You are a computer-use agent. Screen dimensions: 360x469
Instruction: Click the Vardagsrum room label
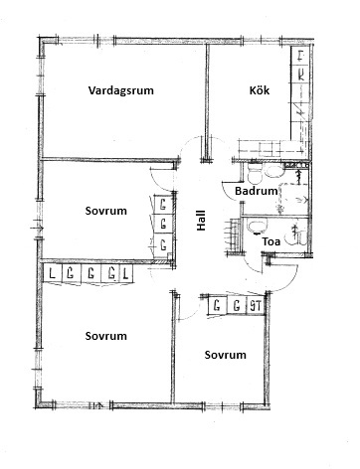coord(121,90)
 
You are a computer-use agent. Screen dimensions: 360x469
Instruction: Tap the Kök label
coord(260,90)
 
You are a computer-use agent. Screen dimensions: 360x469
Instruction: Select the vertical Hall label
coord(201,221)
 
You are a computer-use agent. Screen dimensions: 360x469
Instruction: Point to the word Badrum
coord(256,191)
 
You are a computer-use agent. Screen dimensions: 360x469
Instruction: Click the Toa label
coord(271,241)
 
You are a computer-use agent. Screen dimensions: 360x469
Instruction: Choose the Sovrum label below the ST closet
coord(225,355)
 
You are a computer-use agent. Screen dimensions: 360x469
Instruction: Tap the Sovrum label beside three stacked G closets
coord(105,211)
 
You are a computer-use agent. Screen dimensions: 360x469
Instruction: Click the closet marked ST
coord(256,305)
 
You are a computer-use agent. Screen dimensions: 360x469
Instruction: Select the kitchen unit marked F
coord(301,56)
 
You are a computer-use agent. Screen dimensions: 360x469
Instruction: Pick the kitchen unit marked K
coord(301,75)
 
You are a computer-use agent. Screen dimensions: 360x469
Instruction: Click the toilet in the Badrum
coord(255,173)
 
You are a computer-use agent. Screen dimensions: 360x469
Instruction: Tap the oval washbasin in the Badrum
coord(273,172)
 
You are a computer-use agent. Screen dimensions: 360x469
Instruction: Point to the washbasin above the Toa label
coord(257,227)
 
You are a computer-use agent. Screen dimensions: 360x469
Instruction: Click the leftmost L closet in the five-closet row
coord(52,274)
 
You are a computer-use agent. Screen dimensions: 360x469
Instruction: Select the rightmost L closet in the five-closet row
coord(125,274)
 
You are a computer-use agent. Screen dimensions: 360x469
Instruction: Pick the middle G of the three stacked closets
coord(163,225)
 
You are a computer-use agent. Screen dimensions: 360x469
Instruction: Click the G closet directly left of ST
coord(237,305)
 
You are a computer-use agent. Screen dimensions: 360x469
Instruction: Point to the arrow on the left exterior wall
coord(37,228)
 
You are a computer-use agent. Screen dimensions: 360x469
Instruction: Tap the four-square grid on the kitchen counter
coord(270,149)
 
